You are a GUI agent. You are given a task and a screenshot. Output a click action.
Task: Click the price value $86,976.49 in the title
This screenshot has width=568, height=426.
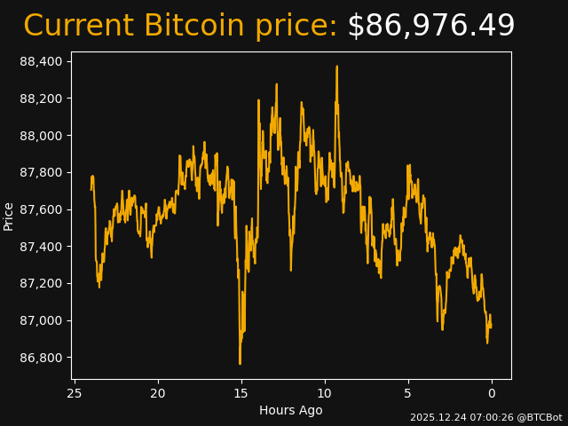point(430,27)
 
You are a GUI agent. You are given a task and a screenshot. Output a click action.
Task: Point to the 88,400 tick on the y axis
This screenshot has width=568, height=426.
point(42,61)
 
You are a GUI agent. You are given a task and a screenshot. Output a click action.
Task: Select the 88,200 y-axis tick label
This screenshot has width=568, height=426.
point(42,99)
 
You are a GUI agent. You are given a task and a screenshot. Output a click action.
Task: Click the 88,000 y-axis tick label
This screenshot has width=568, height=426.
point(42,136)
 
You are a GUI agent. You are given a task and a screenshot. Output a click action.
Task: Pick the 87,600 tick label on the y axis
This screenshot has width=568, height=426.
point(42,209)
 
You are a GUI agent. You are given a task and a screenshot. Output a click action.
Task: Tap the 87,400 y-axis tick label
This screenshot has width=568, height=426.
point(42,247)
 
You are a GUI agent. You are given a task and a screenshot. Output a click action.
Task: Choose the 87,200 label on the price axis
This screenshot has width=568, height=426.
point(42,284)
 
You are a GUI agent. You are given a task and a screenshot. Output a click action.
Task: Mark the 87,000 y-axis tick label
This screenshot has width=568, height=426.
point(42,320)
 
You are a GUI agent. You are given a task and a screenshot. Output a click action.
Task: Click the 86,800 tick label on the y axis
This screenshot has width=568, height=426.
point(42,358)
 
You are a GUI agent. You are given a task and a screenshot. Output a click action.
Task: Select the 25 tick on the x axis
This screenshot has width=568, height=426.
point(75,393)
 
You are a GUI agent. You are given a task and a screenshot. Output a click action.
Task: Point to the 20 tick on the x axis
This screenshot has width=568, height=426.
point(158,393)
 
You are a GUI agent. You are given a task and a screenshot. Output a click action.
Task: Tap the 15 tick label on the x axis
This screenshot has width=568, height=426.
point(241,393)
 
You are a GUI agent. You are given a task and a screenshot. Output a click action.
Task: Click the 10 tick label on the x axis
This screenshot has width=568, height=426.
point(325,393)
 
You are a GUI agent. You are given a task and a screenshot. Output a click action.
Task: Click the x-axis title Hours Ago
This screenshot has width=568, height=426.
point(291,410)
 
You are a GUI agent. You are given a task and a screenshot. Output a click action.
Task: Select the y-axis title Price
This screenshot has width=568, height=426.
point(9,216)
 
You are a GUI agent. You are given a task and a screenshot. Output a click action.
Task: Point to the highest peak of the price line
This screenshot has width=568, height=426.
point(336,67)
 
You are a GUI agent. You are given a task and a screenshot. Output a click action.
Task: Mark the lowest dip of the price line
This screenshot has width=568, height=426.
point(240,363)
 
